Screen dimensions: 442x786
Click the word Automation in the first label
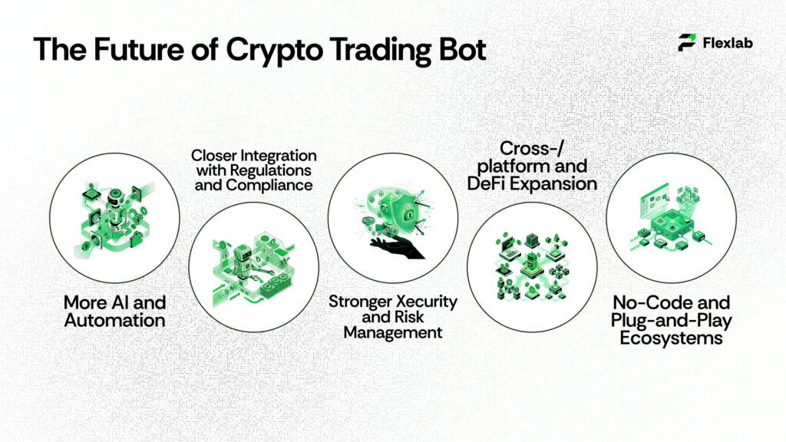(x=114, y=319)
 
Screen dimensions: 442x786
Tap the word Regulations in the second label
(x=272, y=170)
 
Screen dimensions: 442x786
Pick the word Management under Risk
(x=393, y=332)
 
